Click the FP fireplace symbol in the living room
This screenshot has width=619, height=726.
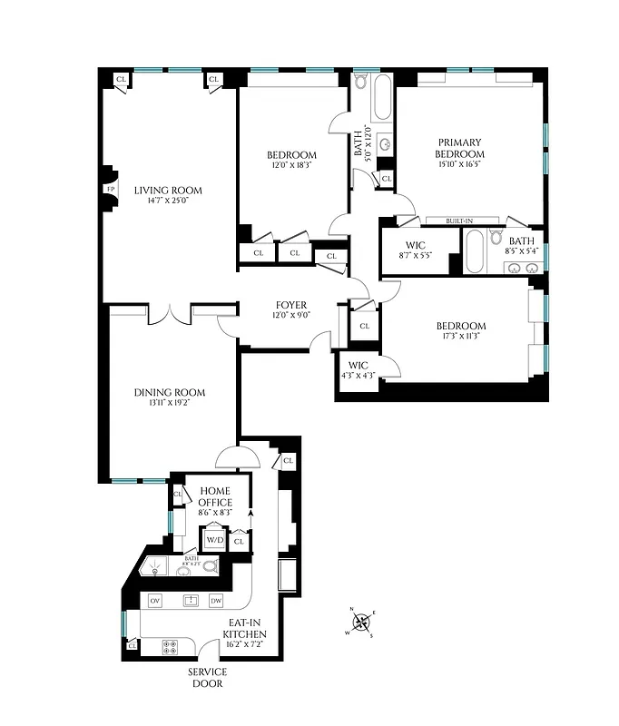tap(110, 190)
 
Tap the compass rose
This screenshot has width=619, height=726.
tap(361, 622)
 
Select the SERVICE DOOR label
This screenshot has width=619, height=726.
tap(208, 677)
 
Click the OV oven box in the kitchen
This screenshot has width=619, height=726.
tap(155, 601)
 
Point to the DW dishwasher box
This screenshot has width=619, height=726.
tap(216, 601)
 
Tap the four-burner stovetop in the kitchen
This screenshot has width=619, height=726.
tap(170, 646)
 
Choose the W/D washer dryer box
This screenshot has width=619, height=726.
tap(214, 540)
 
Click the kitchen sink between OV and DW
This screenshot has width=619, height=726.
tap(191, 601)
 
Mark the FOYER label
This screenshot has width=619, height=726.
tap(291, 305)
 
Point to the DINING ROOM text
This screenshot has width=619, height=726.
tap(170, 393)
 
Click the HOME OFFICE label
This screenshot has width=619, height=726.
tap(215, 496)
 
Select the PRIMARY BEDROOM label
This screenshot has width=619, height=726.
tap(459, 148)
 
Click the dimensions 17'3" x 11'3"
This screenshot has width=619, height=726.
tap(460, 338)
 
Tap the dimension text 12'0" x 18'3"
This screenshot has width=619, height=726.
tap(291, 165)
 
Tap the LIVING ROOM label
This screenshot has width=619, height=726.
tap(168, 191)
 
